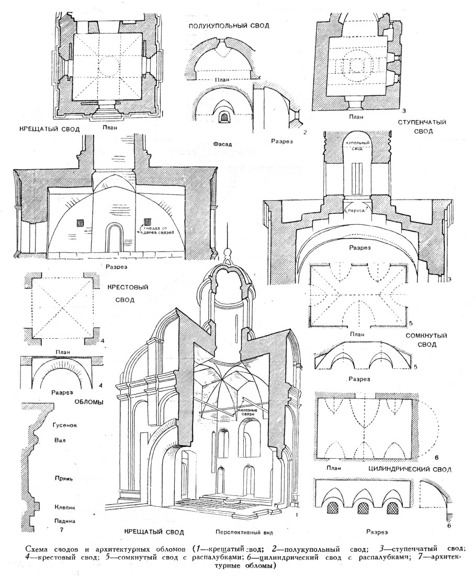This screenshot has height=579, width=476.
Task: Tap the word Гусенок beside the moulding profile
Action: coord(65,425)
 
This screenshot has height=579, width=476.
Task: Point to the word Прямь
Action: coord(63,478)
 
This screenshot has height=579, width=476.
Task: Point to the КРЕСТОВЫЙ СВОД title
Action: coord(128,293)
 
